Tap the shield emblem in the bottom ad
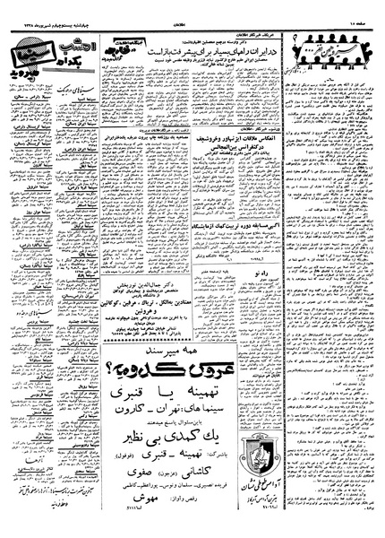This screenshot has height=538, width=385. pos(278,483)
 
